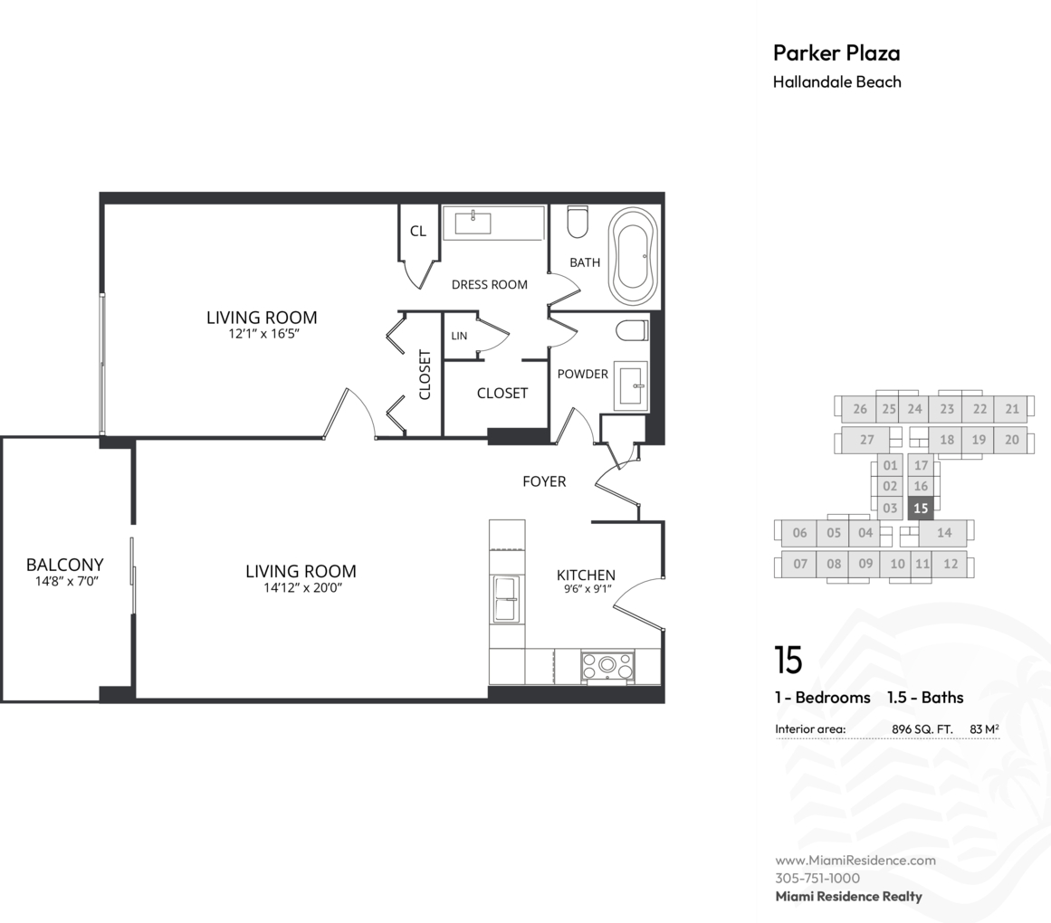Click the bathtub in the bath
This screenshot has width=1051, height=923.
632,256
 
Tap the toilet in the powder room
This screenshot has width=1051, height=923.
632,331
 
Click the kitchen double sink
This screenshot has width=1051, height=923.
506,599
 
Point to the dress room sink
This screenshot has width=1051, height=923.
473,223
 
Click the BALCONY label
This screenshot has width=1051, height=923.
65,565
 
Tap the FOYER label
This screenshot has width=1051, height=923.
544,481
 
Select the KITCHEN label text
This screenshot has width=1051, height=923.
586,575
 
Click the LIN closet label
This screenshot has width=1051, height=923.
459,336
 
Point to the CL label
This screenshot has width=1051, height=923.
418,231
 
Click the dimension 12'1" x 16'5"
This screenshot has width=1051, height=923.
263,334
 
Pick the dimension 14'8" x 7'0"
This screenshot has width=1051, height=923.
67,581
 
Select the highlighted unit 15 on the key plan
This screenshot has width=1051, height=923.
921,509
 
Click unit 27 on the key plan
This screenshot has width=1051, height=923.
866,440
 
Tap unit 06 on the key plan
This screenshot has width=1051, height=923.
799,533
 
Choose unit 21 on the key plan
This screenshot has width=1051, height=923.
1012,409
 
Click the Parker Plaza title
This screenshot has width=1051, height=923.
836,52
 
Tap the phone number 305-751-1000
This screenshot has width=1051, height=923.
817,878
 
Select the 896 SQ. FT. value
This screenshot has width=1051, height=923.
922,728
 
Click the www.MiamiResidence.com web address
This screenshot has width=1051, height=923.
855,860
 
